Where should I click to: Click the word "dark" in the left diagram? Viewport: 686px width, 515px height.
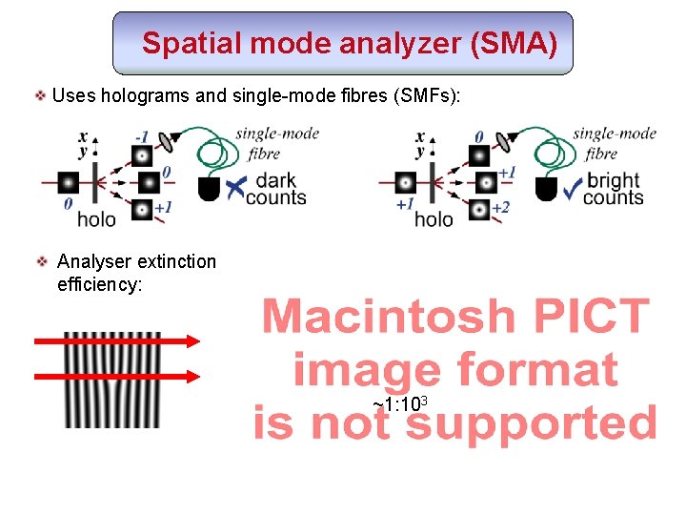276,180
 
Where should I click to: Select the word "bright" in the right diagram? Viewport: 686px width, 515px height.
614,180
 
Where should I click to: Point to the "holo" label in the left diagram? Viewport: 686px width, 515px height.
96,219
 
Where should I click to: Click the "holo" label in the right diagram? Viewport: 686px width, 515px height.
434,219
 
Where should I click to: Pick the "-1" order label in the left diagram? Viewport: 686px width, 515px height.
142,136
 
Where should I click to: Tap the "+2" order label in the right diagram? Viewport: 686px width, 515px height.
502,208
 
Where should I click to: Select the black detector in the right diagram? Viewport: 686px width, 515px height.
546,189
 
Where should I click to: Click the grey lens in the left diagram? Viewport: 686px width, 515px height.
169,142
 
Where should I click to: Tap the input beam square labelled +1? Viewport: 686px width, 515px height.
404,181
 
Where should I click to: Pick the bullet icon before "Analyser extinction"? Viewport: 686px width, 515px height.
42,260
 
